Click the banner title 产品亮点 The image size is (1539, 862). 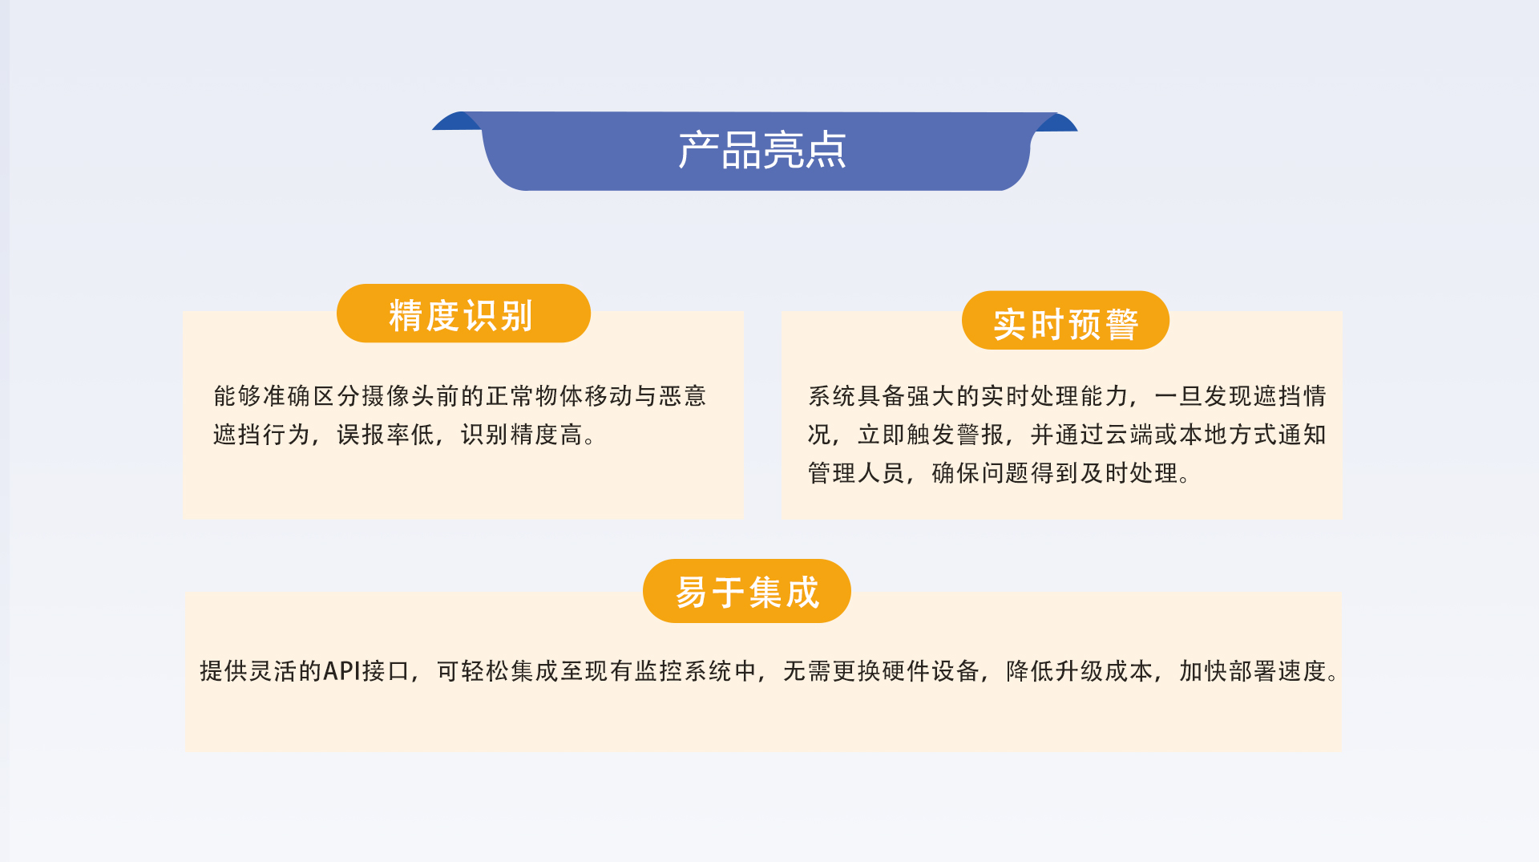pyautogui.click(x=762, y=150)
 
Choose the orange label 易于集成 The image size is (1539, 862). pyautogui.click(x=747, y=591)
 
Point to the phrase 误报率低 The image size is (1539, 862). pyautogui.click(x=386, y=435)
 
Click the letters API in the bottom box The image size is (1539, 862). pyautogui.click(x=342, y=670)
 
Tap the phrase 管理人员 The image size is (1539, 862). pyautogui.click(x=856, y=473)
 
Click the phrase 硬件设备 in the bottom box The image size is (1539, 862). pyautogui.click(x=931, y=670)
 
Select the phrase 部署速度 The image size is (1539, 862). pyautogui.click(x=1278, y=670)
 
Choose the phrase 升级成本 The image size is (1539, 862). pyautogui.click(x=1105, y=670)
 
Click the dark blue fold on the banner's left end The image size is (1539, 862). pyautogui.click(x=458, y=122)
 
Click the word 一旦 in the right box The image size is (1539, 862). pyautogui.click(x=1178, y=396)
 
